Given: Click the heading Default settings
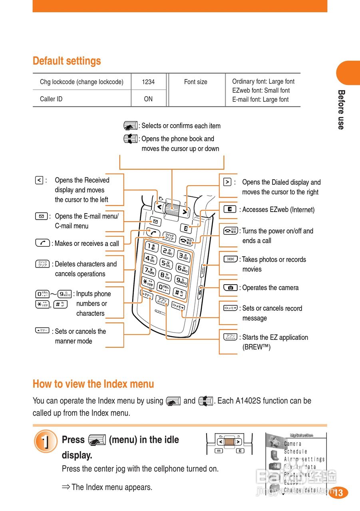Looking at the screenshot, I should pos(67,61).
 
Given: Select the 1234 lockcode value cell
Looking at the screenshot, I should pos(148,82).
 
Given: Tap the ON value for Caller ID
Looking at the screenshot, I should pos(148,99).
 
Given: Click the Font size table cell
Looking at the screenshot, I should pos(195,82).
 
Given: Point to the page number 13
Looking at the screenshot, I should pos(338,493).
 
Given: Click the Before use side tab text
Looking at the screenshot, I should pos(341,109).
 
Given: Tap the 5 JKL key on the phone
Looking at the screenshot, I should pos(165,263).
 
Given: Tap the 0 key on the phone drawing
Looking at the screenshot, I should pos(163,287).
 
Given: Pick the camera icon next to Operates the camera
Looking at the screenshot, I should pos(230,287).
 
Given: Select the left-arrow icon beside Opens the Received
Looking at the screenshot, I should pos(39,180).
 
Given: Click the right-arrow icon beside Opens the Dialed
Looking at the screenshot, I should pos(227,182).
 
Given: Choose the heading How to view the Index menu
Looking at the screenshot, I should pos(93,384).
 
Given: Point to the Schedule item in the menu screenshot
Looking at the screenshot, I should pos(296,452).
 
